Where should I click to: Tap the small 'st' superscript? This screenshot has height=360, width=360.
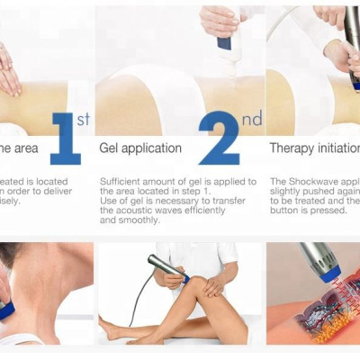click(83, 119)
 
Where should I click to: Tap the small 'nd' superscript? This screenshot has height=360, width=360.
click(251, 119)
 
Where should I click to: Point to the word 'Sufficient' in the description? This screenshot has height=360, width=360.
click(120, 181)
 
